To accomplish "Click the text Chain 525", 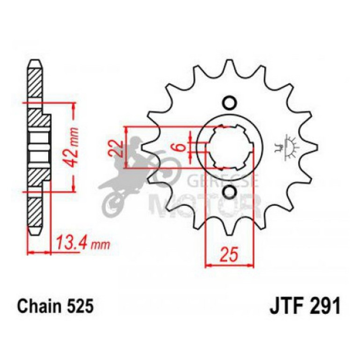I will click(x=56, y=307).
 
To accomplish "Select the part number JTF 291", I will click(x=305, y=307).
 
